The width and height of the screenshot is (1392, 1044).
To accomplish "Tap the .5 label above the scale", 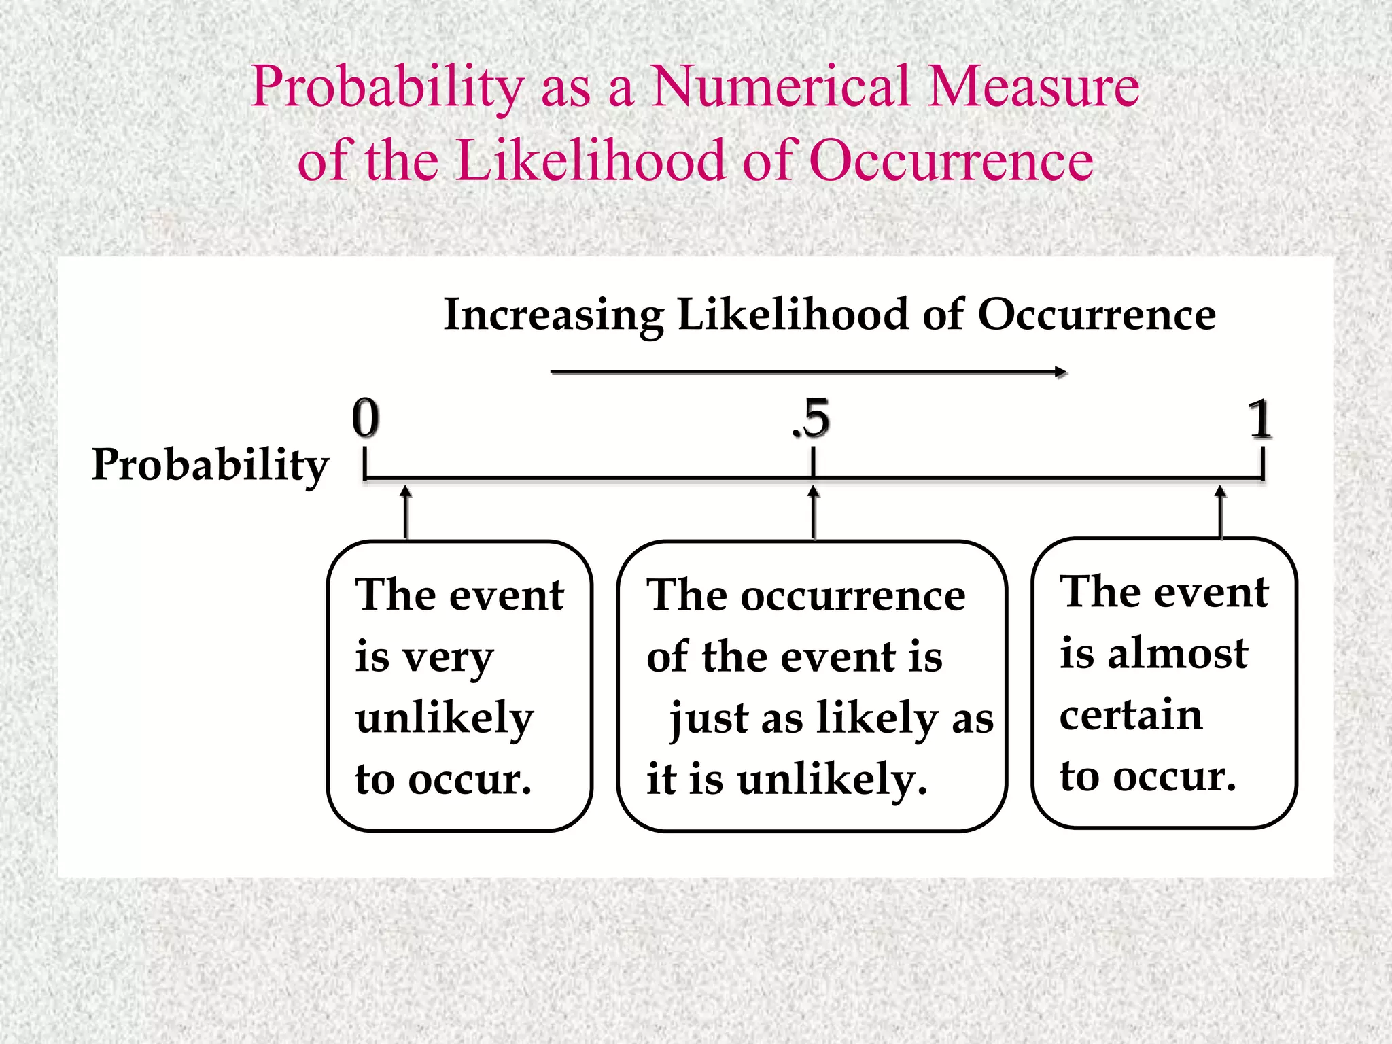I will (812, 418).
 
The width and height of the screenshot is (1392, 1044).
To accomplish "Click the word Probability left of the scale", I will (210, 466).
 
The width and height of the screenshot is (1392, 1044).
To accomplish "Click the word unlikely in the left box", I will (445, 719).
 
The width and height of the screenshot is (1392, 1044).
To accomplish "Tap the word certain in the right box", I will (1131, 715).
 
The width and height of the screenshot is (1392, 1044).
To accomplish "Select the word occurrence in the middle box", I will (852, 596).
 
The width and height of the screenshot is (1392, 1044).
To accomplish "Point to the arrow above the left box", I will (406, 511).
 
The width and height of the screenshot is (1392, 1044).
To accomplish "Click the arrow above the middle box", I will (814, 511).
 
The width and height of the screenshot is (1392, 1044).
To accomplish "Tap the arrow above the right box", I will (1221, 511).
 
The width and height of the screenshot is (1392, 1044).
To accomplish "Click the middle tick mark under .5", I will (813, 464).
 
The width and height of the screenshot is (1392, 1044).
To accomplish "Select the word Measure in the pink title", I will (1033, 87).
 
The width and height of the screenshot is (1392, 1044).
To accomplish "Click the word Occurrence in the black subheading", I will (1096, 315).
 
